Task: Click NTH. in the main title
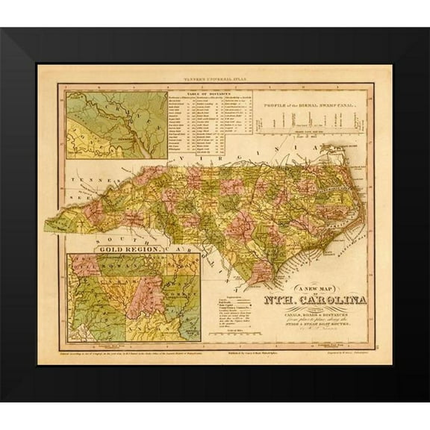click(x=278, y=301)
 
